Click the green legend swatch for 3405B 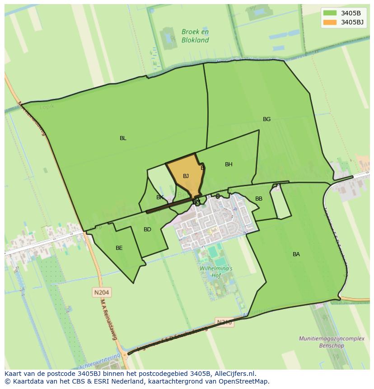tap(330, 13)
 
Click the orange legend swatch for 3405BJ tap(330, 22)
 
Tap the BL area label tap(123, 138)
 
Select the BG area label tap(267, 119)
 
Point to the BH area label tap(229, 164)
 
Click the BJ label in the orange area tap(186, 176)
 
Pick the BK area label tap(160, 197)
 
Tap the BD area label tap(147, 230)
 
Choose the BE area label tap(119, 248)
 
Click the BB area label tap(259, 199)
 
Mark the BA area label tap(296, 254)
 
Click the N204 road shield tap(102, 293)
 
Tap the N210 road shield tap(224, 322)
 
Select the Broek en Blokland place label tap(195, 36)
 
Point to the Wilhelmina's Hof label tap(216, 272)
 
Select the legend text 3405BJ tap(352, 22)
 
